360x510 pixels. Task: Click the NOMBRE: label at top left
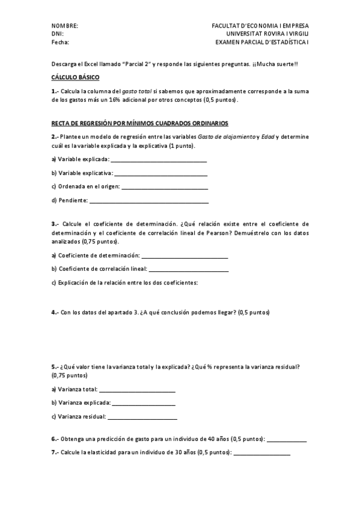click(x=65, y=26)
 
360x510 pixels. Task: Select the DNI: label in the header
click(x=58, y=34)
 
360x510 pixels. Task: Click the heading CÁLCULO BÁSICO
click(x=76, y=78)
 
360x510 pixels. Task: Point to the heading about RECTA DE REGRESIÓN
click(x=139, y=123)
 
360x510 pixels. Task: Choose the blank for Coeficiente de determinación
click(x=185, y=257)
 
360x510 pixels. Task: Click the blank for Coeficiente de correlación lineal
click(x=189, y=271)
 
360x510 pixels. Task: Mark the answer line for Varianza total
click(x=136, y=391)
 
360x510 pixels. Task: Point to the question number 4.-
click(x=55, y=313)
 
